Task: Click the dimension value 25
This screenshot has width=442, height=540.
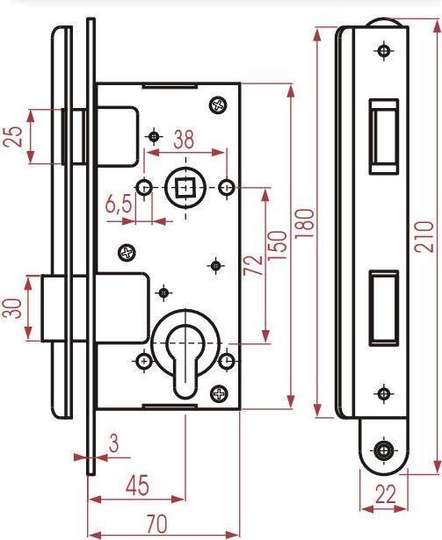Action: coord(13,137)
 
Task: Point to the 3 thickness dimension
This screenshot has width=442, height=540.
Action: coord(113,443)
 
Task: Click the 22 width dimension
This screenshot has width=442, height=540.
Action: coord(386,494)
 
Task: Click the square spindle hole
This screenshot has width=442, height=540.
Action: coord(185,187)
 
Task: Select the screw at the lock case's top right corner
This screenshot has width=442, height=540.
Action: coord(218,105)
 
